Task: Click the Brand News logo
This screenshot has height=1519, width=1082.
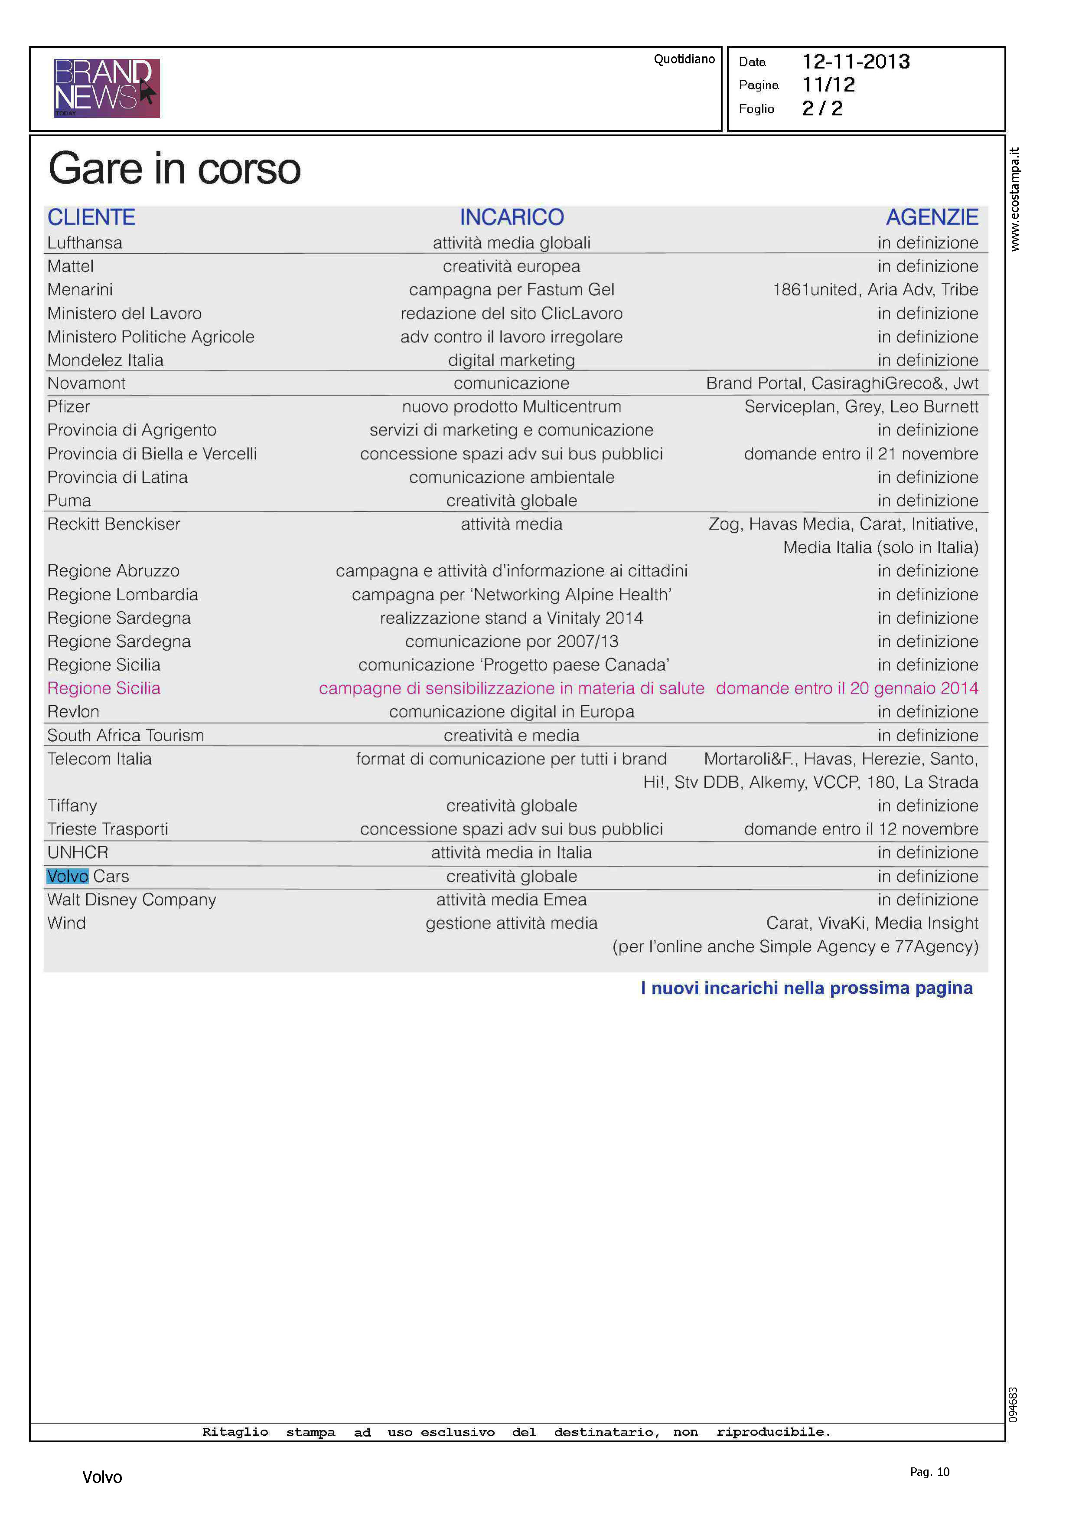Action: pos(107,88)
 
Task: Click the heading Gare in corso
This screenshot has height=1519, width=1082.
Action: pos(175,169)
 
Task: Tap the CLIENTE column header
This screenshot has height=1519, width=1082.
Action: pos(91,217)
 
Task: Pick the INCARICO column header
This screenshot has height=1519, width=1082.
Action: pos(511,217)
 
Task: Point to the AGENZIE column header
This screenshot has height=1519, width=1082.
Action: pos(932,217)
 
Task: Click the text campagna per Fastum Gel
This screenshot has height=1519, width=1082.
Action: pos(511,290)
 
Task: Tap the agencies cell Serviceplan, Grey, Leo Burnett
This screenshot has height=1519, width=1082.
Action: pos(861,406)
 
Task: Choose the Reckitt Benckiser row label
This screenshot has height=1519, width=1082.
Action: pos(113,524)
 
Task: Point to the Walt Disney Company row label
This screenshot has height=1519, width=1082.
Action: pos(131,900)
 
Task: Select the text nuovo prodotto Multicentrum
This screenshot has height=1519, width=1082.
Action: pos(511,406)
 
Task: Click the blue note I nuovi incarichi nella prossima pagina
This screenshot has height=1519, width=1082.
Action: pos(806,988)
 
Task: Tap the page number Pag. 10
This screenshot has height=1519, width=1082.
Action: pos(929,1472)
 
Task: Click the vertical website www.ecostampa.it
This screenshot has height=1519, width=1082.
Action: pos(1014,199)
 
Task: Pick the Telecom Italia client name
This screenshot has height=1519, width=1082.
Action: pos(99,759)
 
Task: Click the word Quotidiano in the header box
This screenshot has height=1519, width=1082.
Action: pos(684,59)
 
